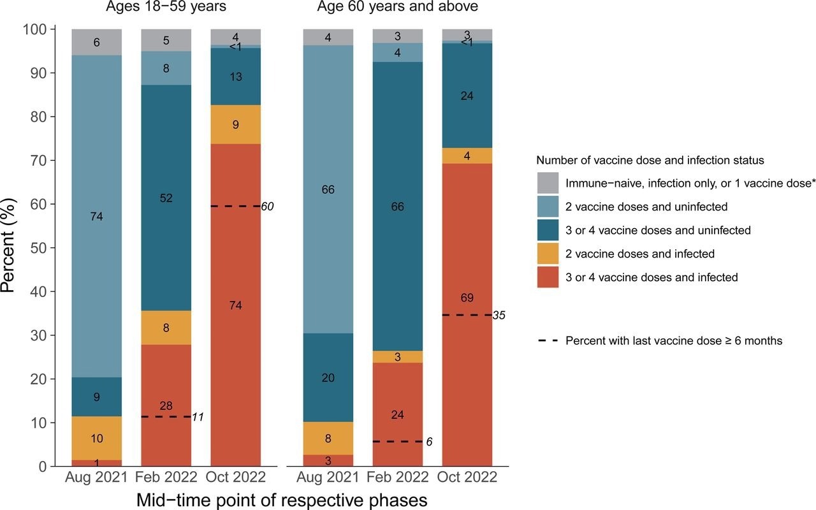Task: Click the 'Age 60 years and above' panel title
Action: [x=398, y=8]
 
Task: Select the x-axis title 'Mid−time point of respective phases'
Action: [x=282, y=500]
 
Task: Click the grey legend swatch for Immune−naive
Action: [x=548, y=183]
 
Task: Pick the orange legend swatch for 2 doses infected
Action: [x=548, y=254]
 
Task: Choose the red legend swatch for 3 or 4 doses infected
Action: [x=548, y=277]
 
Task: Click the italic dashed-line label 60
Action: [x=268, y=206]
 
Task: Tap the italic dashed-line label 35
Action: [x=499, y=315]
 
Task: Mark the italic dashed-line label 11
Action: [x=198, y=417]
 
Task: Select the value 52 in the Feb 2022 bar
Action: [x=166, y=198]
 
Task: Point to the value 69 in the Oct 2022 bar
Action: [x=467, y=298]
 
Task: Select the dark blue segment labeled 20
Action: [x=328, y=377]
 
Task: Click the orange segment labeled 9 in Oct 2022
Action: [x=236, y=125]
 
